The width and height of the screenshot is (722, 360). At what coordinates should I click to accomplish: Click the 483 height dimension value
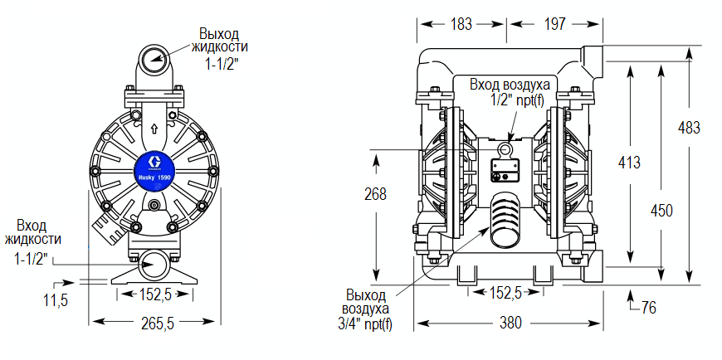(689, 128)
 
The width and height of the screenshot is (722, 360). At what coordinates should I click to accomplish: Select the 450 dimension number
(661, 211)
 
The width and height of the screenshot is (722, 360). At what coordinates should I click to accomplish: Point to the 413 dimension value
(629, 163)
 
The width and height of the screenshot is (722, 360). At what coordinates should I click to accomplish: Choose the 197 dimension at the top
(555, 24)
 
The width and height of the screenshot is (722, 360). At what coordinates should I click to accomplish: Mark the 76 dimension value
(648, 308)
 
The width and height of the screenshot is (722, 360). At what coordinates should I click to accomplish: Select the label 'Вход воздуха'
(510, 85)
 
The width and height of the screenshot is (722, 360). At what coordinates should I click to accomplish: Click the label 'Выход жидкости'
(219, 40)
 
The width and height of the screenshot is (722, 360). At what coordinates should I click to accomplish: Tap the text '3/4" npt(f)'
(366, 324)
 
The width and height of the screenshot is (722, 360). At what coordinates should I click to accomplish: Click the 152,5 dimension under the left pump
(156, 294)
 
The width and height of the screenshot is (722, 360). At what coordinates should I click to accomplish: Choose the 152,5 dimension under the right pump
(506, 293)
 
